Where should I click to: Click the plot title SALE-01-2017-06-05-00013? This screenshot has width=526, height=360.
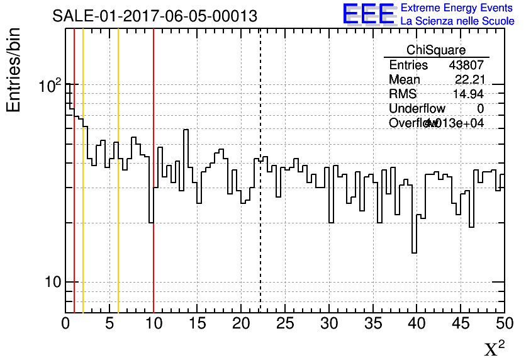[x=155, y=16]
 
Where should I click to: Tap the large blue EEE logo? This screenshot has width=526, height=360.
[x=369, y=14]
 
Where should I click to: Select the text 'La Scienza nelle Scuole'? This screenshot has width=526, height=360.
[x=457, y=21]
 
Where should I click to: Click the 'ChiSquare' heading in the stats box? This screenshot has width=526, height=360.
[x=436, y=50]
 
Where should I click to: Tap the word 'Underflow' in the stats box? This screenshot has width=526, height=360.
[x=417, y=109]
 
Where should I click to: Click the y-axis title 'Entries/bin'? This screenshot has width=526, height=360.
[x=14, y=70]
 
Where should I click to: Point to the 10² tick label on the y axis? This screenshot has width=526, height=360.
[x=50, y=86]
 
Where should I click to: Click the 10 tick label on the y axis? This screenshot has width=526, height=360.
[x=52, y=282]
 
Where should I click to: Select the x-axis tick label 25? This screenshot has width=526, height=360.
[x=285, y=323]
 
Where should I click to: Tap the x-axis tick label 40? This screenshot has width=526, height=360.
[x=417, y=323]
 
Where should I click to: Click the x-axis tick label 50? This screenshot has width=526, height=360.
[x=504, y=323]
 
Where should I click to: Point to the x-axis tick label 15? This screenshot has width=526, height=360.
[x=198, y=323]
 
